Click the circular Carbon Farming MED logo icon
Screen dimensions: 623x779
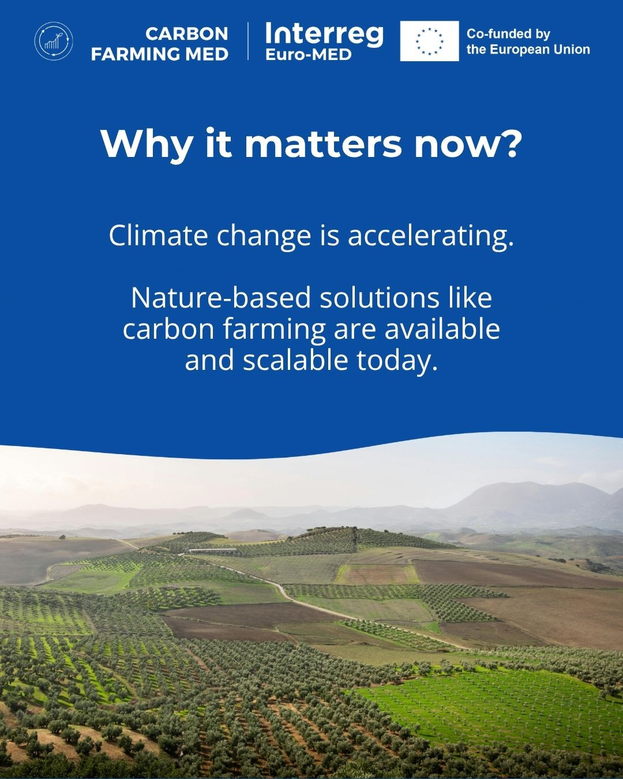tap(54, 41)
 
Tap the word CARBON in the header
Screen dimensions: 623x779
tap(186, 35)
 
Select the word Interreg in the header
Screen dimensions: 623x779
tap(324, 35)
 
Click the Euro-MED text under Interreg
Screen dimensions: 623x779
tap(309, 55)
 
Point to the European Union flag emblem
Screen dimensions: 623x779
tap(429, 41)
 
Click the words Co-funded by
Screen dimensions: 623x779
tap(508, 33)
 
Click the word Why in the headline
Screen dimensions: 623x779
tap(146, 144)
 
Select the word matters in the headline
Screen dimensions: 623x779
tap(323, 144)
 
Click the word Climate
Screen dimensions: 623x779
tap(159, 235)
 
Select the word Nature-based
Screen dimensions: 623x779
tap(221, 298)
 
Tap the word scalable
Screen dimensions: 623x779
tap(295, 361)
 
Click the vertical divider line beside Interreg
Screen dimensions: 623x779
tap(248, 41)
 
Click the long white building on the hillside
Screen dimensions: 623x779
tap(212, 550)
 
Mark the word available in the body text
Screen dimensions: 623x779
tap(442, 329)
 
